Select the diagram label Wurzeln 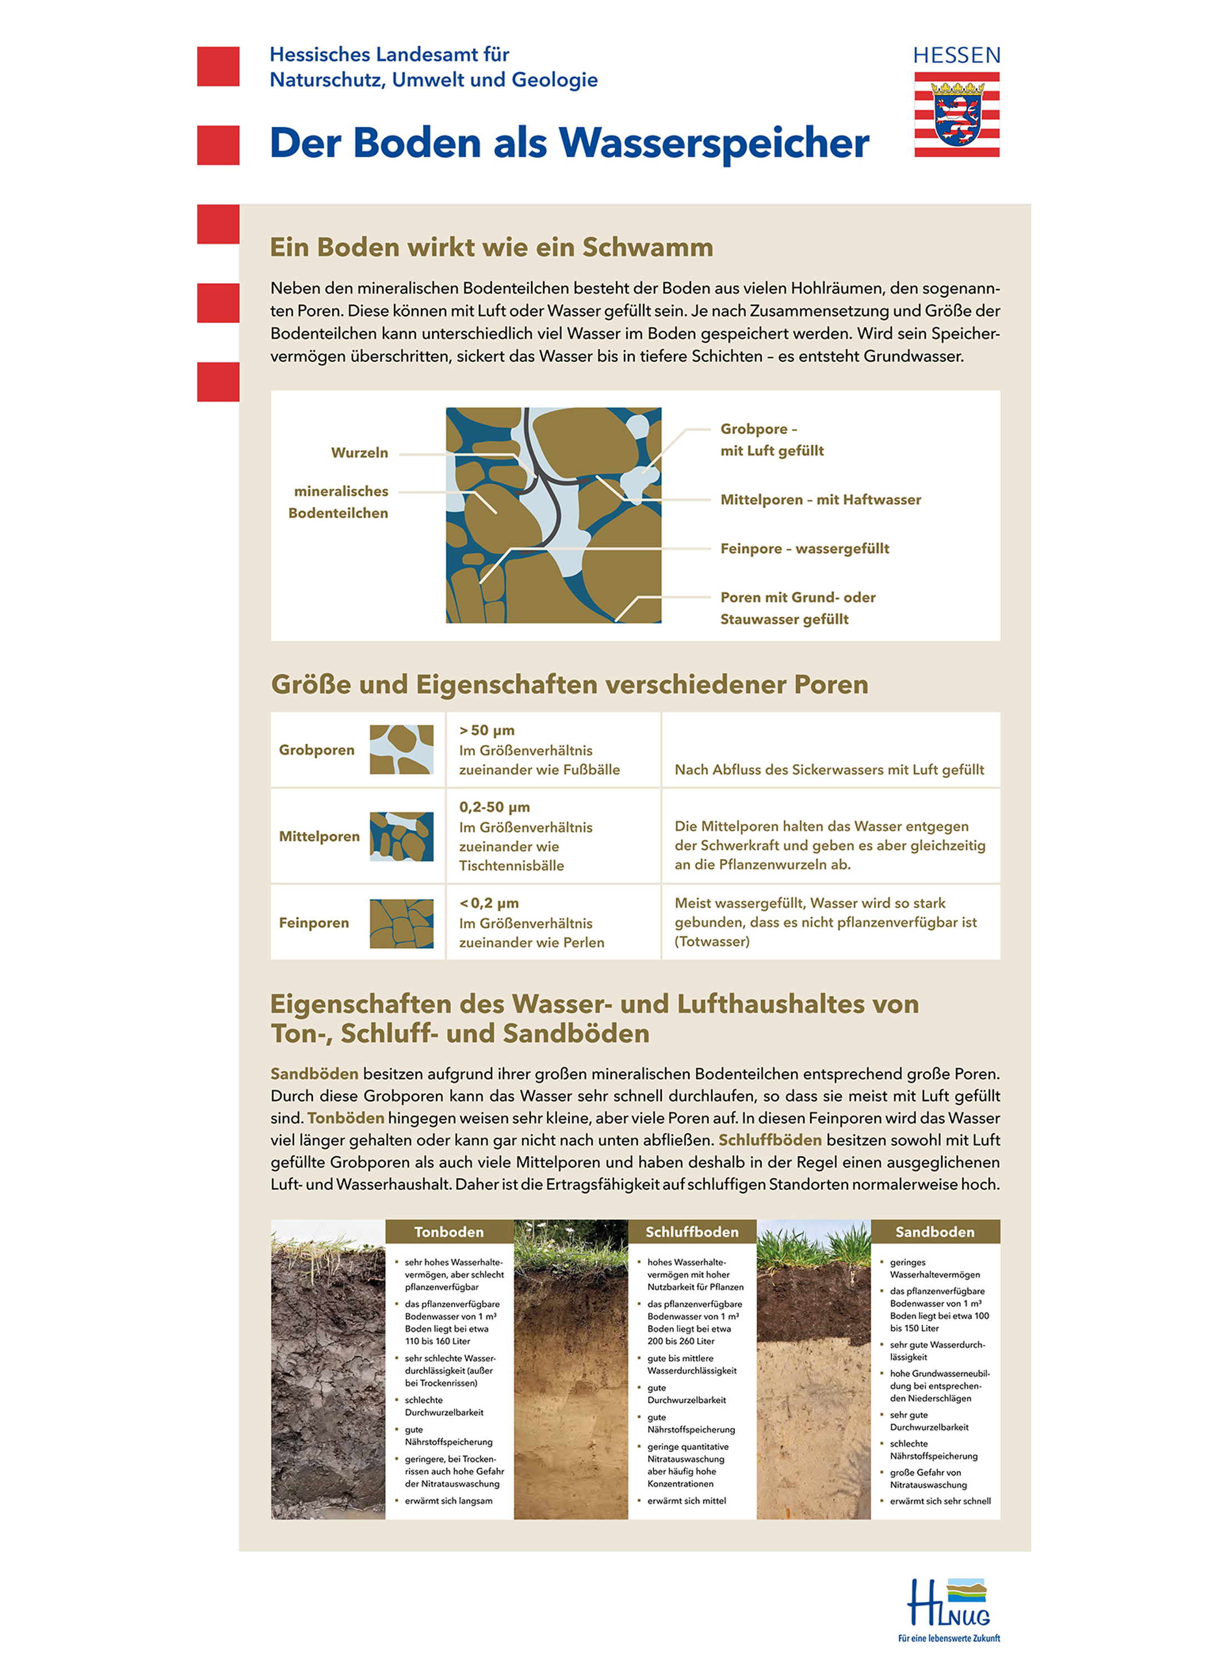point(359,453)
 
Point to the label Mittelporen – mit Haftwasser point(820,500)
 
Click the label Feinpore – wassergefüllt point(804,549)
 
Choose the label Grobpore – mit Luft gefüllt point(772,439)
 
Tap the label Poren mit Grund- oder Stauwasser point(797,608)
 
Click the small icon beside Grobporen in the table point(401,749)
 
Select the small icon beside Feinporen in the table point(401,923)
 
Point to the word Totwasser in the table point(712,941)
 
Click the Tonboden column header point(449,1232)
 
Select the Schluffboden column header point(691,1232)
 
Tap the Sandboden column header point(935,1232)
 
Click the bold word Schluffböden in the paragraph point(770,1140)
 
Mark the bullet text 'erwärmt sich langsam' point(448,1501)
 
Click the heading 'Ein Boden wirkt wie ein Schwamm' point(491,247)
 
